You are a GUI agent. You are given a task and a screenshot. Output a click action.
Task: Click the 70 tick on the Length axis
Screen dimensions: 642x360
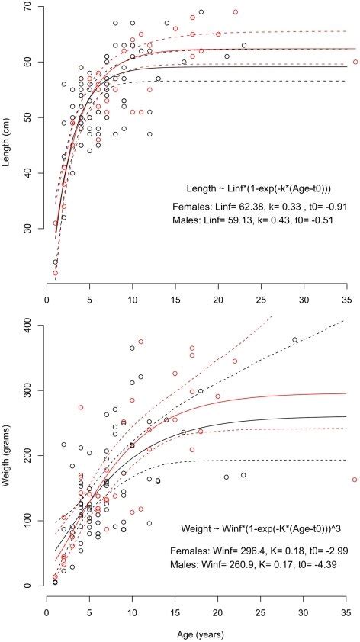click(28, 6)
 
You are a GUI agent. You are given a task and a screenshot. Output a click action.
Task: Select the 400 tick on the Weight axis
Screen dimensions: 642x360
click(28, 325)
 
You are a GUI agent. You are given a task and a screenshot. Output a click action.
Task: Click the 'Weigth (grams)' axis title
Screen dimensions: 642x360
click(8, 455)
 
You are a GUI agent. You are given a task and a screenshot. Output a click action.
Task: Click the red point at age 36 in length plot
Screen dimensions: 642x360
click(355, 62)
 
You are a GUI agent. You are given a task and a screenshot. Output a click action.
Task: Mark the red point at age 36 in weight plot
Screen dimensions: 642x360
click(355, 480)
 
